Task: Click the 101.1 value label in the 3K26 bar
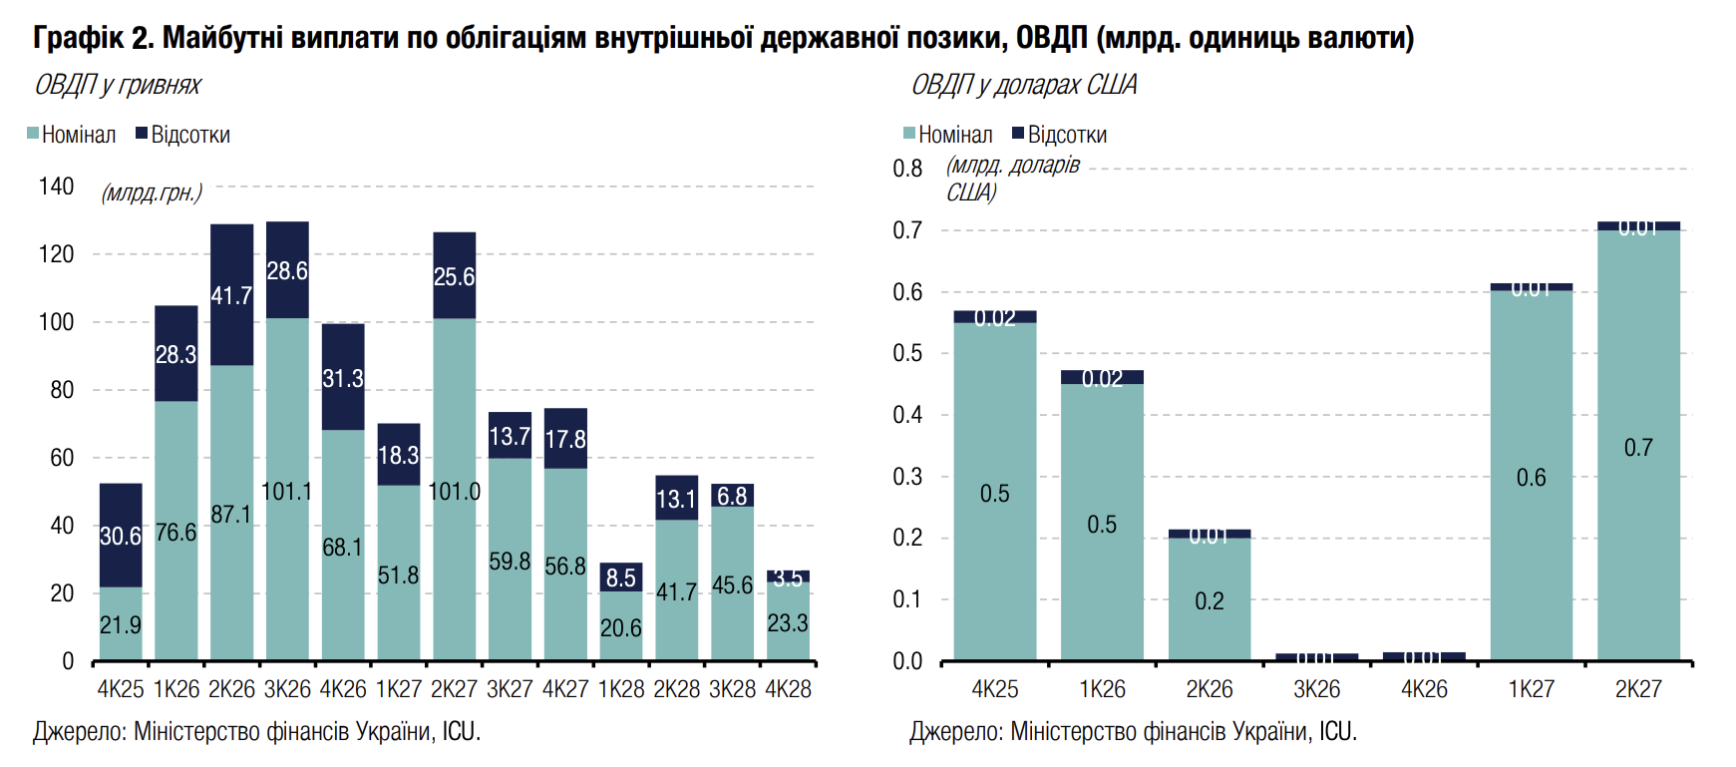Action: click(x=287, y=492)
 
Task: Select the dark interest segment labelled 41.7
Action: click(x=231, y=295)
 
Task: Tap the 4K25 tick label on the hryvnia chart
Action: click(x=121, y=689)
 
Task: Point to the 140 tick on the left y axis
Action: click(x=56, y=187)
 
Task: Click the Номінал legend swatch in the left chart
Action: click(x=33, y=134)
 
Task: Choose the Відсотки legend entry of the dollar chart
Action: click(x=1059, y=135)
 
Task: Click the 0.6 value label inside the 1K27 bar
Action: click(x=1532, y=479)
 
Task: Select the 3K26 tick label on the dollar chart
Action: click(x=1317, y=689)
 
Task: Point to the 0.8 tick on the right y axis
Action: click(x=907, y=169)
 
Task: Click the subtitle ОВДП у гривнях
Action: click(x=118, y=85)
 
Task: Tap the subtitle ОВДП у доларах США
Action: click(x=1024, y=85)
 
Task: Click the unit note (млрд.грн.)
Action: click(x=152, y=192)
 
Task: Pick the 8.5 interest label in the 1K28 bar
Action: click(x=620, y=577)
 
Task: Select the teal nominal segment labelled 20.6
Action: click(x=620, y=626)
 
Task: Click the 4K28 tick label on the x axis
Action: click(x=788, y=689)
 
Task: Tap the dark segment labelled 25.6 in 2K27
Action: click(x=454, y=276)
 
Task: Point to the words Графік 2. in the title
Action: click(x=94, y=38)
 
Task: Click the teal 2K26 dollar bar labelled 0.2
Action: click(x=1210, y=598)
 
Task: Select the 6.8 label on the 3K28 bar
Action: click(x=732, y=496)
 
